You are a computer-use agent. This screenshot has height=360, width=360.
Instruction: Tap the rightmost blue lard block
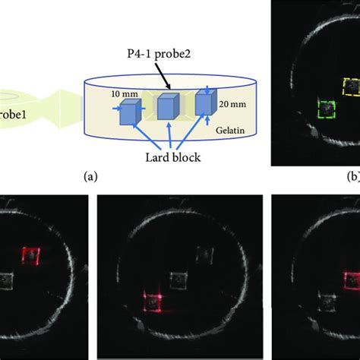click(x=205, y=103)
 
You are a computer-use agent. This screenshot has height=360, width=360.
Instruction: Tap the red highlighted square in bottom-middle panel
click(x=154, y=302)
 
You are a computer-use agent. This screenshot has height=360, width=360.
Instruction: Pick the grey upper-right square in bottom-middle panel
click(x=204, y=254)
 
